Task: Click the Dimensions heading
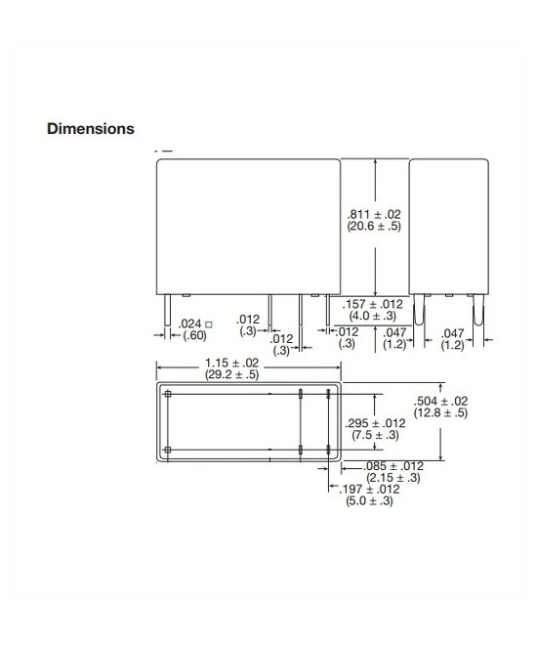[91, 129]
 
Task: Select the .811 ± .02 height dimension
[374, 214]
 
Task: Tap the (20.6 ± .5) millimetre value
[374, 227]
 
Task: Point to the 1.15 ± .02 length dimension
[232, 363]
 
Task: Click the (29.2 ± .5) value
[232, 374]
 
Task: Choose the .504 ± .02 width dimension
[441, 401]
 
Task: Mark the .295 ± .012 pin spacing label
[375, 423]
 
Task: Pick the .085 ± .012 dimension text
[393, 466]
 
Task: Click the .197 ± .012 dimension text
[369, 489]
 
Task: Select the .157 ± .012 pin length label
[373, 304]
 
